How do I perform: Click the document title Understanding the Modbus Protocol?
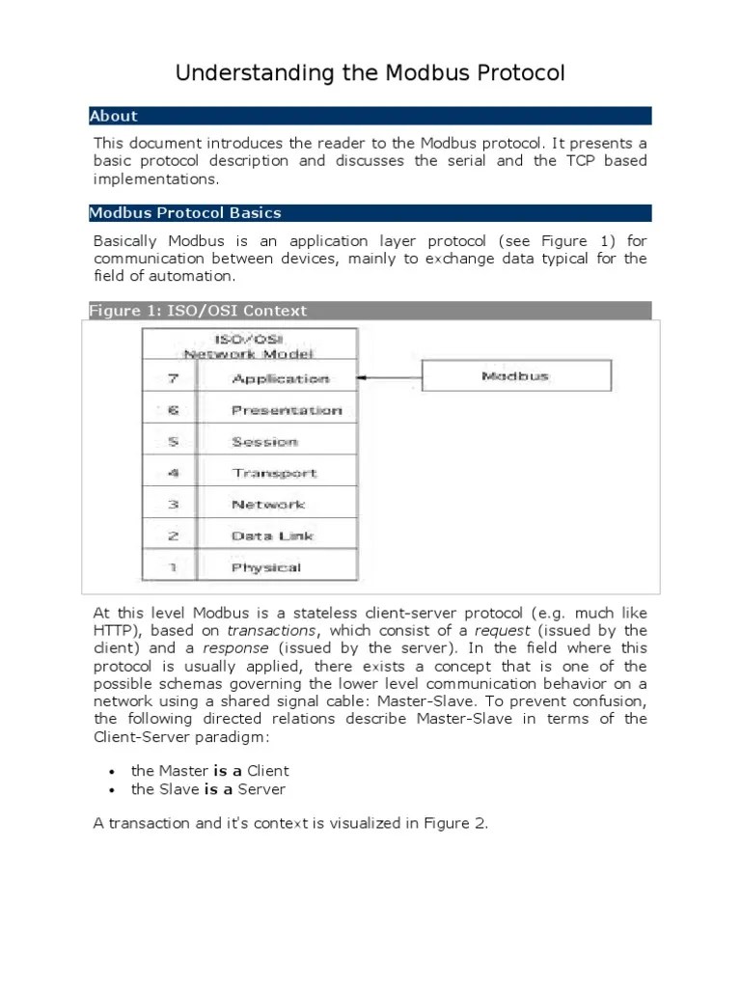(x=370, y=73)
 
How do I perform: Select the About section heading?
(x=114, y=116)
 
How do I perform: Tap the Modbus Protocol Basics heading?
(x=185, y=212)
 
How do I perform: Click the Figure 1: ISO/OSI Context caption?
(x=198, y=310)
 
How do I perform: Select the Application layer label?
(x=281, y=379)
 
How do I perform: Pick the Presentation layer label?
(x=287, y=410)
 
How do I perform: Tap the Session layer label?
(x=264, y=442)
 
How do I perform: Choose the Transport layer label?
(x=274, y=474)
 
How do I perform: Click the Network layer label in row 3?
(x=268, y=505)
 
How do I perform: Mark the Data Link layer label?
(x=272, y=536)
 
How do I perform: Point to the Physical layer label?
(x=266, y=567)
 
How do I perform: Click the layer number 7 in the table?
(x=171, y=379)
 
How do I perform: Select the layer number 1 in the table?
(x=171, y=567)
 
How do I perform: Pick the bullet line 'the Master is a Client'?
(x=209, y=770)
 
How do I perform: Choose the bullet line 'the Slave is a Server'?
(x=207, y=789)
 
